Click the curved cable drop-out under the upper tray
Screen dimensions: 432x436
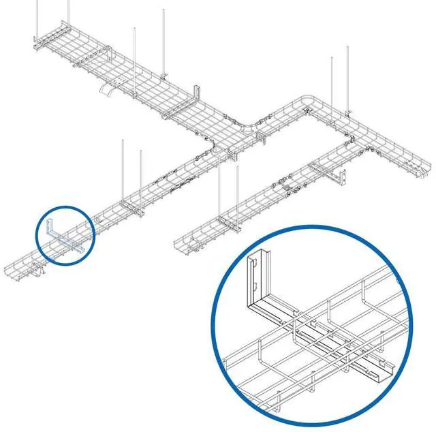pyautogui.click(x=108, y=91)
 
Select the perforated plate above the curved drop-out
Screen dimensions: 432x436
pyautogui.click(x=119, y=82)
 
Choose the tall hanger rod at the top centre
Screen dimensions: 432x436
pyautogui.click(x=164, y=41)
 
